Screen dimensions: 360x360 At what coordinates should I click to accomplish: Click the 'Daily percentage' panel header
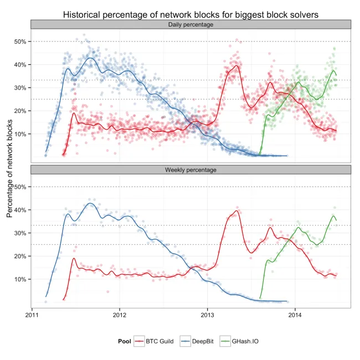point(191,25)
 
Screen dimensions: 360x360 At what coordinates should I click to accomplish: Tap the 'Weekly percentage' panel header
point(191,169)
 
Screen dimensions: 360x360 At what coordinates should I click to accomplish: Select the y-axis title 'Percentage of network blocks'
point(9,172)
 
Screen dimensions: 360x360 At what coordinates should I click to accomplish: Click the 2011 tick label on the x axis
point(32,316)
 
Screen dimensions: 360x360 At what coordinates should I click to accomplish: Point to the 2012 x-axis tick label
point(120,316)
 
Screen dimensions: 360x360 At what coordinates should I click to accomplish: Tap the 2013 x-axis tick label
point(207,316)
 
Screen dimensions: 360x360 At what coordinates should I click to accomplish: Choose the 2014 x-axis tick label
point(295,316)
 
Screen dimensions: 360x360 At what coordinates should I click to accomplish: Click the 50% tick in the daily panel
point(20,42)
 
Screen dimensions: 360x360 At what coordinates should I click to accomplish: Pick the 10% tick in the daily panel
point(20,134)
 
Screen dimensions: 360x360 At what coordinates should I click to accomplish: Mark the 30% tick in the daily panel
point(20,88)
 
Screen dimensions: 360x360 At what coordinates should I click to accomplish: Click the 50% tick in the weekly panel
point(20,187)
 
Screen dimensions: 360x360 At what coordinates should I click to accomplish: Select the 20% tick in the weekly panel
point(20,256)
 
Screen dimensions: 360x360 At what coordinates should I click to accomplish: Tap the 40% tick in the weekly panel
point(20,210)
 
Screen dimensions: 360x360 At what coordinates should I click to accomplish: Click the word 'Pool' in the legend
point(125,341)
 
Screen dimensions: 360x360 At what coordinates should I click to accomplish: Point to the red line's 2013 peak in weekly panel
point(237,210)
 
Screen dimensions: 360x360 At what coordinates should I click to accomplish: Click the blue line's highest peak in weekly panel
point(90,203)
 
